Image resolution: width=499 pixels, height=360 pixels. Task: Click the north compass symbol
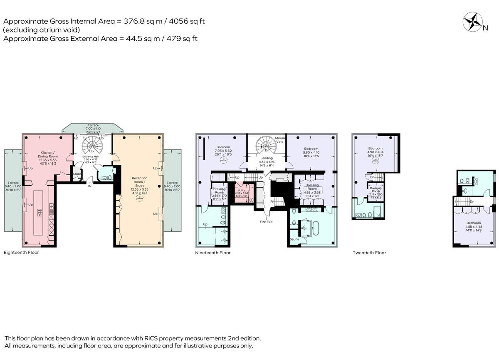(x=473, y=22)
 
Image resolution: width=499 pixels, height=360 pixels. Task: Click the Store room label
(x=77, y=174)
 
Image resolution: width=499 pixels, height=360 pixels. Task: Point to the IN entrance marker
(x=89, y=186)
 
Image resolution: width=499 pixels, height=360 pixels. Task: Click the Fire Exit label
(x=267, y=221)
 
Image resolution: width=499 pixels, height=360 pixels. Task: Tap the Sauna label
(x=294, y=239)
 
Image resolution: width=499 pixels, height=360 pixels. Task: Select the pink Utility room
(x=242, y=194)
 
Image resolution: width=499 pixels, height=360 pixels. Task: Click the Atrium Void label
(x=280, y=140)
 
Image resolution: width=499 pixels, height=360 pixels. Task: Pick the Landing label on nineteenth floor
(x=267, y=158)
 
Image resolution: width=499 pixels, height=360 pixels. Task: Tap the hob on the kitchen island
(x=40, y=212)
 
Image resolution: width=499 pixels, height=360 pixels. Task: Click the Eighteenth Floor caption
(x=21, y=253)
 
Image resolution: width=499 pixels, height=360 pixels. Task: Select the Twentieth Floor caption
(x=369, y=253)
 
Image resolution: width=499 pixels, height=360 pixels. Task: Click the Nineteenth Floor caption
(x=213, y=253)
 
